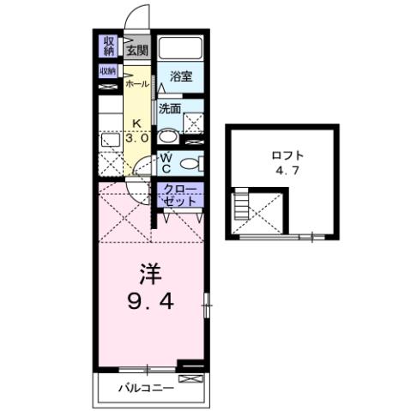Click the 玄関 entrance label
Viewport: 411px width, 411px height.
137,50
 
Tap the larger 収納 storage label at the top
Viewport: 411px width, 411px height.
109,45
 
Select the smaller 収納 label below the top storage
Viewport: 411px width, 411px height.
107,71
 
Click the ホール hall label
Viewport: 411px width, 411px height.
136,84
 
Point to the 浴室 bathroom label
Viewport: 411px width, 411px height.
180,77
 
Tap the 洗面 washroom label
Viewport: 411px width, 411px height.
170,109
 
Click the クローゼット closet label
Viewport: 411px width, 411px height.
179,195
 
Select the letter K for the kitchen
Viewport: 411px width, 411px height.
136,124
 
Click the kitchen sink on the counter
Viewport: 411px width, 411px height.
109,139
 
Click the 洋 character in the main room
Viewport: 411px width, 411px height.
148,276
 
